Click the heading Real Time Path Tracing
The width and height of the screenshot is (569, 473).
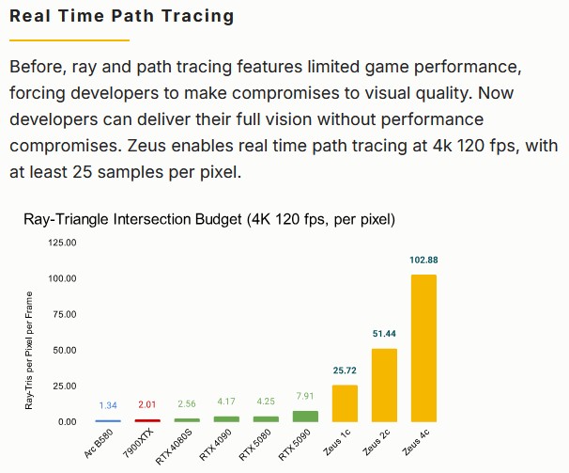click(x=122, y=17)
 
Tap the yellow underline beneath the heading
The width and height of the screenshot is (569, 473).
click(x=69, y=40)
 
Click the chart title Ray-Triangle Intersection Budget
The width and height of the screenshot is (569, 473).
click(x=208, y=220)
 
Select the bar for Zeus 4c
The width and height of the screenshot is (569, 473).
click(x=423, y=348)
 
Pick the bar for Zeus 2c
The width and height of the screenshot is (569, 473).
click(x=385, y=385)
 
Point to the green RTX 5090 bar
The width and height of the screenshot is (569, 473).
click(x=305, y=416)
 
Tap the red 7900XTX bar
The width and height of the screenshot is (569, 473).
click(x=147, y=419)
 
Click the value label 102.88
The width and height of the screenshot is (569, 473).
click(x=423, y=260)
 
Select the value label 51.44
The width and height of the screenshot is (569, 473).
click(x=385, y=334)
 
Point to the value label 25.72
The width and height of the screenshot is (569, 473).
click(x=345, y=371)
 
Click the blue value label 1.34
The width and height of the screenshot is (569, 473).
click(x=108, y=405)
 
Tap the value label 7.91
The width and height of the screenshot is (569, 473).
click(x=305, y=396)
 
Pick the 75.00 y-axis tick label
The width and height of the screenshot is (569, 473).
click(x=64, y=314)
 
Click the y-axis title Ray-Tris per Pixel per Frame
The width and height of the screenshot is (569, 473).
click(x=31, y=350)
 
